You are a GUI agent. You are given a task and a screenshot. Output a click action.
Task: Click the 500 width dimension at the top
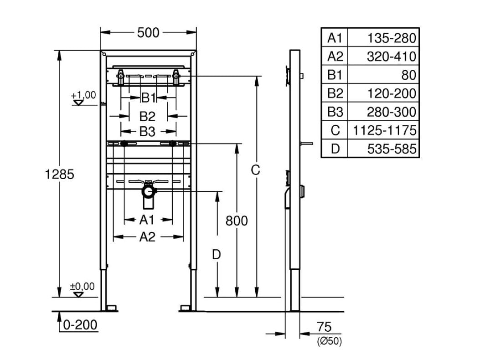tap(148, 32)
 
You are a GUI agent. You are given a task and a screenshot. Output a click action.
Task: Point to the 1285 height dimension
tap(59, 174)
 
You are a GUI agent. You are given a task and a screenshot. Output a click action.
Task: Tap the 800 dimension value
tap(237, 221)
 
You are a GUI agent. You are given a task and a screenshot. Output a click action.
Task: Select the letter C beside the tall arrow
tap(255, 170)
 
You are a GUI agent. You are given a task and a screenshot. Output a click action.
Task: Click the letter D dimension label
tap(217, 254)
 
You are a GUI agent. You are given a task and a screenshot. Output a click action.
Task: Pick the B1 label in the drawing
tap(149, 98)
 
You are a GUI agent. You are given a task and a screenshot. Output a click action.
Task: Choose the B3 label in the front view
tap(147, 132)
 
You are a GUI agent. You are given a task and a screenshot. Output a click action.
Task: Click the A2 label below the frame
tap(147, 237)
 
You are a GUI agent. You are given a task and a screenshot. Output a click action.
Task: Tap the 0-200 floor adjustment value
tap(80, 325)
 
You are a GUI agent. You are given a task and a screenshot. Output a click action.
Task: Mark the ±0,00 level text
tap(83, 287)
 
